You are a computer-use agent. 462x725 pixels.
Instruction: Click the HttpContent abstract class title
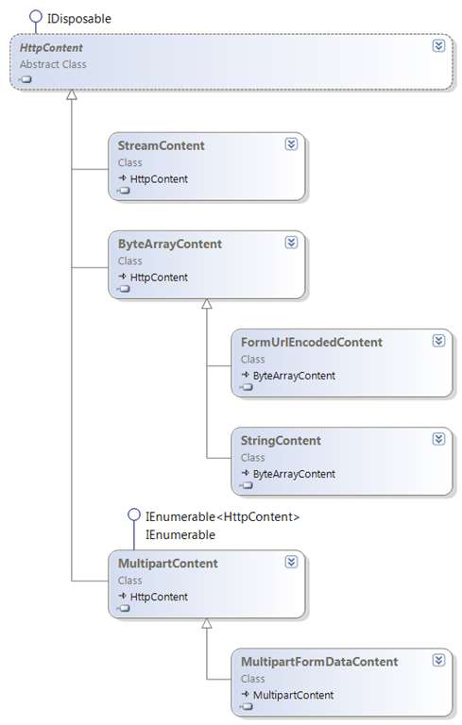[49, 46]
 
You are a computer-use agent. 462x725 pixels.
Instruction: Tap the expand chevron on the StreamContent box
[291, 144]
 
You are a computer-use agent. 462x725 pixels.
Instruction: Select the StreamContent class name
[162, 145]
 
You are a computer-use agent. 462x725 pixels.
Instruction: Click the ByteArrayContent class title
[170, 244]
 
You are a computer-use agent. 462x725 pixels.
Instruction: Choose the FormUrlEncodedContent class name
[312, 342]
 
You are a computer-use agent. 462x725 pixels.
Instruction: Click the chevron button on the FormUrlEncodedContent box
[438, 341]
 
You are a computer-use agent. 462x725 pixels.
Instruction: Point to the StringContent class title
[281, 440]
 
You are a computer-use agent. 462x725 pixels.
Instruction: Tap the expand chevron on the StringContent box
[438, 439]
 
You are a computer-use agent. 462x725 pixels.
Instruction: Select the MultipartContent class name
[168, 563]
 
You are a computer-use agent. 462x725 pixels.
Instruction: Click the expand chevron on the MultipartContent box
[291, 562]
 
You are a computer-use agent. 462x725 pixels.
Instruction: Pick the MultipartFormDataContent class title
[319, 661]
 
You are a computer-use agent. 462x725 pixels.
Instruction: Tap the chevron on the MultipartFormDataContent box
[438, 660]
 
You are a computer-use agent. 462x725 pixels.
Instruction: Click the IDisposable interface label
[78, 17]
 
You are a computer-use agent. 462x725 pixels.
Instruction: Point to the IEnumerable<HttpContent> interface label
[221, 516]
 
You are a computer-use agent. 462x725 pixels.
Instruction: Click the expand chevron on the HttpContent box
[437, 46]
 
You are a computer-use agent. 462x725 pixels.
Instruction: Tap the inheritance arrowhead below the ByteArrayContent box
[207, 305]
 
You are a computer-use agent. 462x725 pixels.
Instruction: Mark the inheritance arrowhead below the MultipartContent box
[207, 624]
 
